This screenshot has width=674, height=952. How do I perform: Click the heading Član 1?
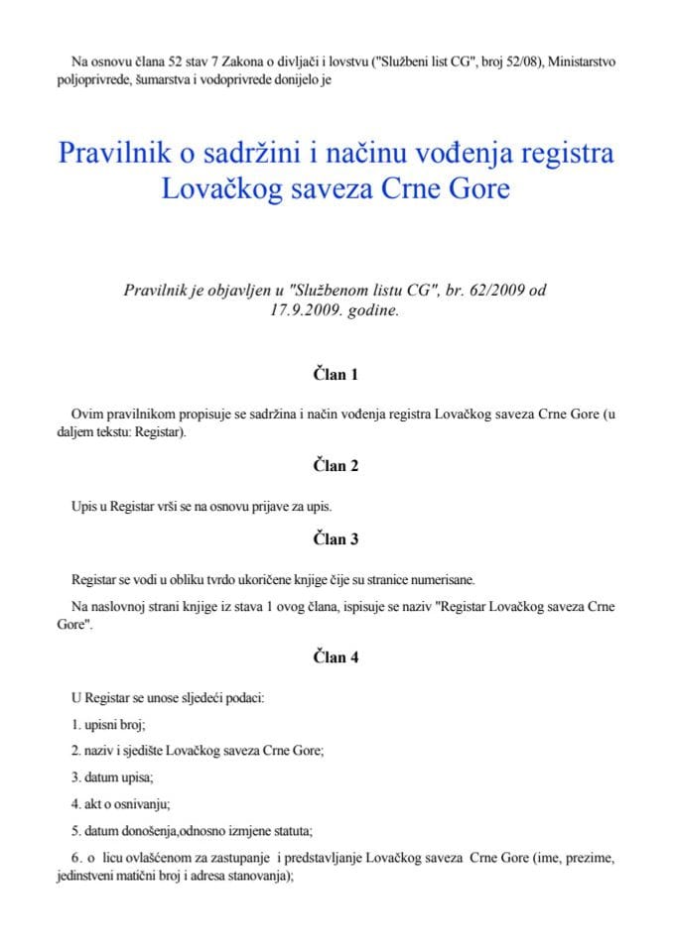pos(336,375)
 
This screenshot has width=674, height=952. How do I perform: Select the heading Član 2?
pos(336,466)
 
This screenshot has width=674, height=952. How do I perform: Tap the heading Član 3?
pos(336,539)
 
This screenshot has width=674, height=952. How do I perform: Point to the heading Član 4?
pos(336,656)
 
